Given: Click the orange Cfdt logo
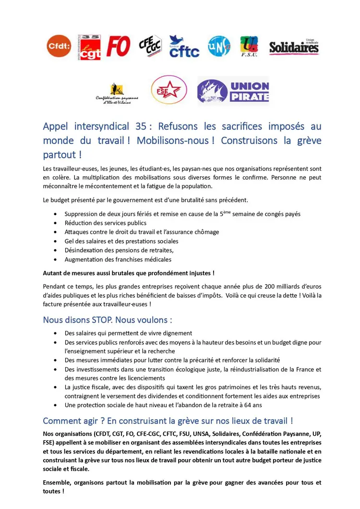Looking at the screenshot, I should pyautogui.click(x=59, y=46).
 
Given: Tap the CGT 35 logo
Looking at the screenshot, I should pyautogui.click(x=90, y=47).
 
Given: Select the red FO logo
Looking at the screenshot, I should pyautogui.click(x=118, y=47).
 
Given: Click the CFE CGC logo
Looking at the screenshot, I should pyautogui.click(x=150, y=47).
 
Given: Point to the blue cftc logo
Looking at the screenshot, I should pyautogui.click(x=183, y=47).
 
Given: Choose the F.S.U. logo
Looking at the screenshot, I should pyautogui.click(x=249, y=47).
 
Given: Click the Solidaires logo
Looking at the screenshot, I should pyautogui.click(x=294, y=47).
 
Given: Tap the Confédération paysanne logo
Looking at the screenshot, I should pyautogui.click(x=117, y=93).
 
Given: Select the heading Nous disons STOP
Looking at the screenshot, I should pyautogui.click(x=108, y=319).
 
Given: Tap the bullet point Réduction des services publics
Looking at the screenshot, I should pyautogui.click(x=106, y=223).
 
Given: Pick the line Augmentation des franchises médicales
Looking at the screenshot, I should pyautogui.click(x=118, y=259).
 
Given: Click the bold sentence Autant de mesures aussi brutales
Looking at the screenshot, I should pyautogui.click(x=129, y=273).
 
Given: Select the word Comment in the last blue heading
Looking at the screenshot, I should pyautogui.click(x=62, y=421).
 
